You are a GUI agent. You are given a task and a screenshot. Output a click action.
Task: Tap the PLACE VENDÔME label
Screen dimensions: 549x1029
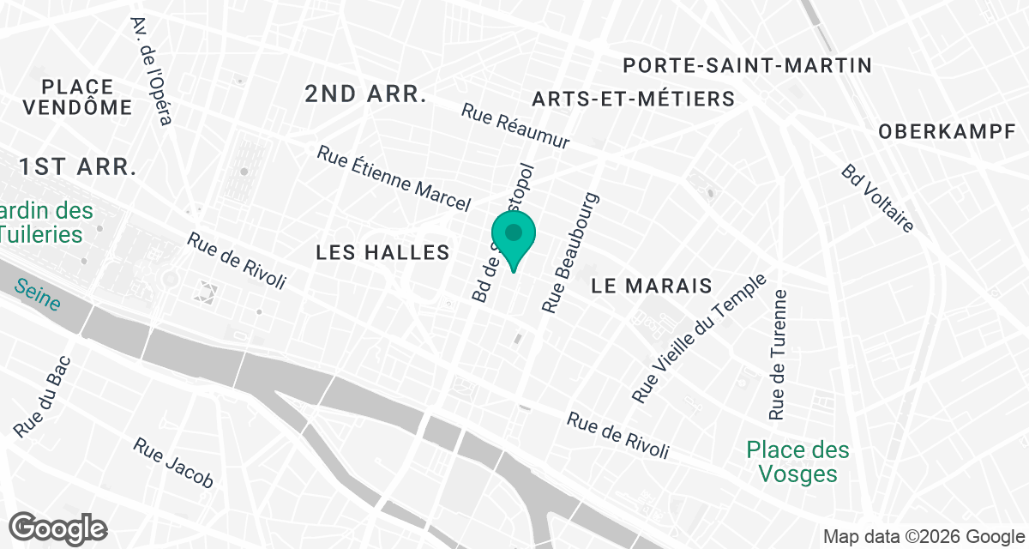click(77, 97)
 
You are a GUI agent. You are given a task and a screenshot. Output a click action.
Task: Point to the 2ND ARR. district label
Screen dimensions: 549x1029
click(365, 94)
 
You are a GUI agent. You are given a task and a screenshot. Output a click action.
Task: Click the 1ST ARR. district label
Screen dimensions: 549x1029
click(79, 166)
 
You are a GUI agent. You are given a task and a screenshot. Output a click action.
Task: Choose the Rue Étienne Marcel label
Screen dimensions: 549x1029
click(394, 178)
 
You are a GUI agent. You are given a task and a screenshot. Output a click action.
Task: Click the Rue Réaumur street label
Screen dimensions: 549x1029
click(515, 127)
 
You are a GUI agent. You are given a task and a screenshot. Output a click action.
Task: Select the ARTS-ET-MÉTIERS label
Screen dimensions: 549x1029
click(633, 99)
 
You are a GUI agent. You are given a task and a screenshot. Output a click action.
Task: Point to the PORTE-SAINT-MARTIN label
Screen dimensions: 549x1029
click(747, 65)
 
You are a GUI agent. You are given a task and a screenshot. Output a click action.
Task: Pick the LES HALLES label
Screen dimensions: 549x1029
click(382, 252)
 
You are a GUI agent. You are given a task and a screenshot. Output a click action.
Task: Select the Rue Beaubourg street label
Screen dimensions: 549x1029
click(569, 252)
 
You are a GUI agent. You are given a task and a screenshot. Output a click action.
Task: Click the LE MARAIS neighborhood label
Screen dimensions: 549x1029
click(653, 286)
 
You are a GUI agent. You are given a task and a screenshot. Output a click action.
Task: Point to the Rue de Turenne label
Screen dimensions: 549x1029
click(779, 354)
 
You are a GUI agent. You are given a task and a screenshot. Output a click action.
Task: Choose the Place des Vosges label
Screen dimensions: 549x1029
click(797, 462)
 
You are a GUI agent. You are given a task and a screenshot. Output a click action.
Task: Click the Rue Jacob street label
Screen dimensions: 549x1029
click(173, 463)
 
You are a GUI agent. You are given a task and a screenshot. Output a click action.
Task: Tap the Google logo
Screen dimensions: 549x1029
click(58, 528)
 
